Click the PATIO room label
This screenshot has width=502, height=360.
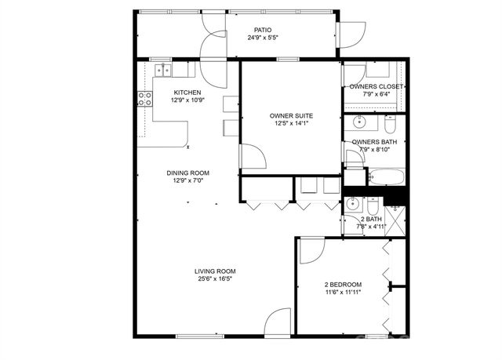click(263, 30)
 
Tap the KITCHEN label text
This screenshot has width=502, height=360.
click(187, 92)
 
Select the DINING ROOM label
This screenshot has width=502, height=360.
click(187, 173)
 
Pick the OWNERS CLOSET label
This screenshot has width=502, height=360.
click(376, 86)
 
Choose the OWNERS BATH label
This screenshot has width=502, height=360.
click(378, 142)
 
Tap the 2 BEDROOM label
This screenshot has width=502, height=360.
click(343, 284)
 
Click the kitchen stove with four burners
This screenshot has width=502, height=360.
click(145, 99)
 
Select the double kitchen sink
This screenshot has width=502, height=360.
click(164, 71)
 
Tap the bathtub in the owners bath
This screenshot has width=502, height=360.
click(386, 177)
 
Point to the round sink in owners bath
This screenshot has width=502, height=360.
click(359, 122)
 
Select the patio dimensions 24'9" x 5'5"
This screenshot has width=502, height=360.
click(263, 38)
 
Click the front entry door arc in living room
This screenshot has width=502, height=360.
click(278, 323)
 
